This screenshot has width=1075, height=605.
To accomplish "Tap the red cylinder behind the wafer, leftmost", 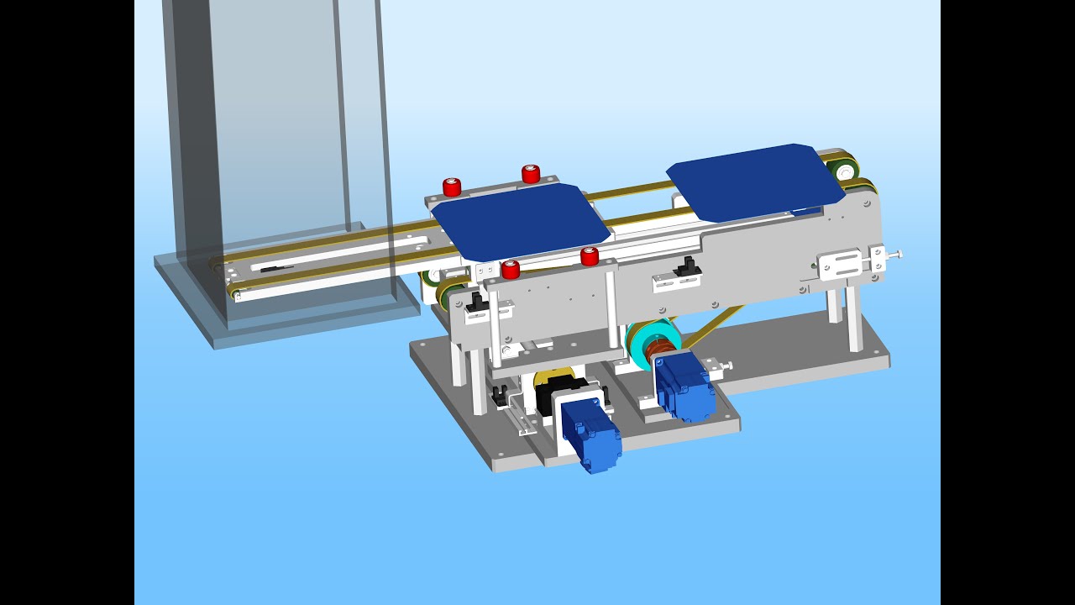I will [452, 187].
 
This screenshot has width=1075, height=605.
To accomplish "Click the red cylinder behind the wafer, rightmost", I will [531, 174].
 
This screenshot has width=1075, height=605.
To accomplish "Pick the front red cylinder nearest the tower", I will [511, 270].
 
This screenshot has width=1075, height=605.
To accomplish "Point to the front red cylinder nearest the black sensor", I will [590, 256].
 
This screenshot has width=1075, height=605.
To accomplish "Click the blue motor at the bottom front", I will [591, 434].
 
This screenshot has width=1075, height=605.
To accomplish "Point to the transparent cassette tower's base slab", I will [286, 315].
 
